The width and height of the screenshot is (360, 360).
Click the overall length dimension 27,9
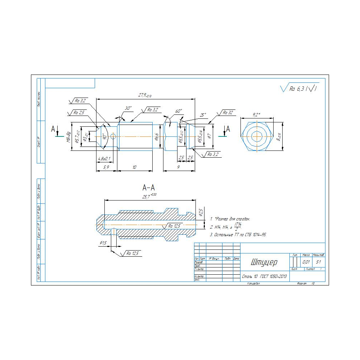click(x=145, y=95)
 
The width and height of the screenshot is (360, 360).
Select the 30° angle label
click(x=128, y=108)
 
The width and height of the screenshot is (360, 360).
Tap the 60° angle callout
click(x=179, y=111)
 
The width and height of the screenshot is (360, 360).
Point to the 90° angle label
click(x=104, y=137)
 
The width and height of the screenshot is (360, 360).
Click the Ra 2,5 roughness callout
click(x=79, y=113)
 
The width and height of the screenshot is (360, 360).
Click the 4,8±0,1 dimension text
click(x=104, y=158)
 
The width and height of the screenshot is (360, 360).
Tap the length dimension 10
click(x=134, y=167)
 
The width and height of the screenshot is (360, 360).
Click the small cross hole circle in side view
click(x=113, y=136)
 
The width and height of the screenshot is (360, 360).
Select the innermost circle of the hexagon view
click(x=257, y=136)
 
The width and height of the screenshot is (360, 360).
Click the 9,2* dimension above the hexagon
click(x=256, y=115)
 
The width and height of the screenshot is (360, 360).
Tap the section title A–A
click(x=149, y=188)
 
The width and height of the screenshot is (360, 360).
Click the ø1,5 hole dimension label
click(x=103, y=243)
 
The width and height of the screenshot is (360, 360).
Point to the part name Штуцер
click(x=264, y=262)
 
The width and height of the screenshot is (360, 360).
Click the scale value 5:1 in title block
click(x=318, y=262)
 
